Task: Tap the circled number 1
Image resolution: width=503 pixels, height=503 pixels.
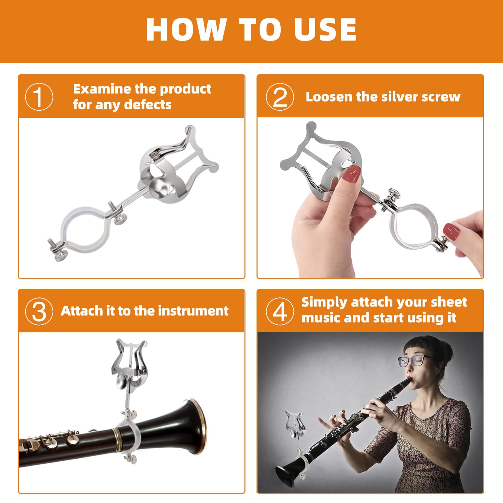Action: tap(39, 97)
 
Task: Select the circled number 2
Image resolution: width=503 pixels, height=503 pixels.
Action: tap(280, 97)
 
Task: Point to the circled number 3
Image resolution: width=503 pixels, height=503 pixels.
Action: tap(39, 311)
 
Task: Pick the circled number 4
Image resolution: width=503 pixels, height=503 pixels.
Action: tap(280, 311)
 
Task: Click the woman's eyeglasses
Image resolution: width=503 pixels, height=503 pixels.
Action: tap(414, 360)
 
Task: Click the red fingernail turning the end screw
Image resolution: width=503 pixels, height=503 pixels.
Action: tap(452, 231)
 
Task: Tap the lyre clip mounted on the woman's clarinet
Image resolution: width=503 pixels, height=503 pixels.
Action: tap(294, 424)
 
